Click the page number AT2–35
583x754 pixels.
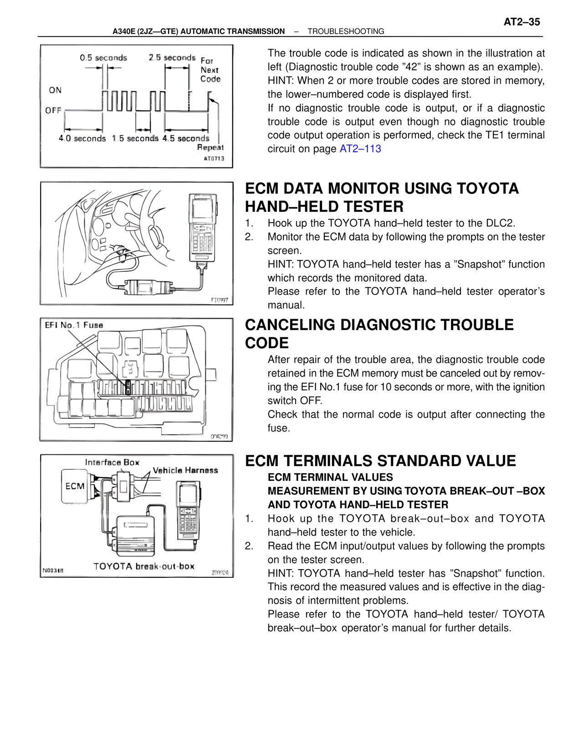[522, 22]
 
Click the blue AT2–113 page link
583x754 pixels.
[360, 149]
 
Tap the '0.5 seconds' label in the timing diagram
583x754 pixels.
[103, 58]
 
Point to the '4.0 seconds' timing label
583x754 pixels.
[82, 138]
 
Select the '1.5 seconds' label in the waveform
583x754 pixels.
[135, 138]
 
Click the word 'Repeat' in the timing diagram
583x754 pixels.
[210, 148]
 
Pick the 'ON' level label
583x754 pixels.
[55, 90]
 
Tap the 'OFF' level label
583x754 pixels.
[53, 110]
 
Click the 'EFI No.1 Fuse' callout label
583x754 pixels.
[74, 325]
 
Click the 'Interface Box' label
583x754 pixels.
[112, 462]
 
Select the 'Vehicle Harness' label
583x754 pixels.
[185, 470]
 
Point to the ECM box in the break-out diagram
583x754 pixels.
[75, 486]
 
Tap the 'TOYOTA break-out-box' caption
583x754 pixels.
[144, 566]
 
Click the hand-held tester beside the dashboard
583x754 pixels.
[203, 228]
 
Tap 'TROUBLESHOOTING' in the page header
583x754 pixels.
[346, 31]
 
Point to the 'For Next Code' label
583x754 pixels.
[210, 70]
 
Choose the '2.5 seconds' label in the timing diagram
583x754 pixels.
[172, 58]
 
